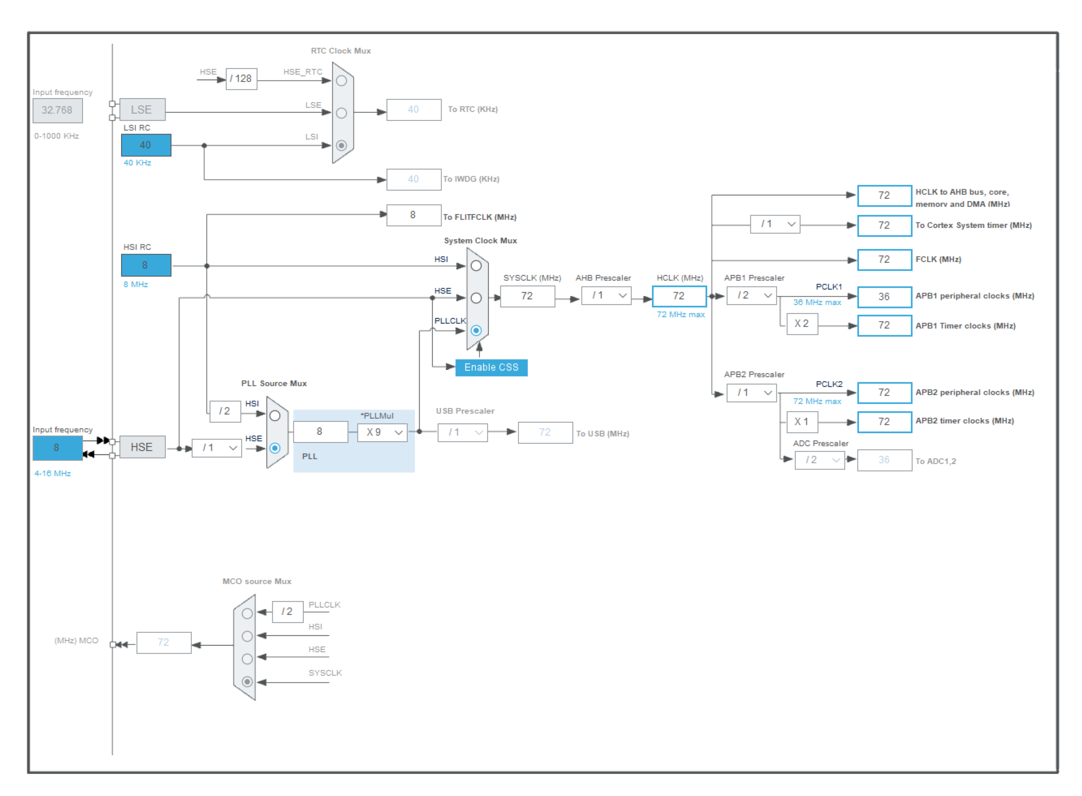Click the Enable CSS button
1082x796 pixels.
[491, 367]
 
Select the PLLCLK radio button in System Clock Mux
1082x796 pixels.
[476, 331]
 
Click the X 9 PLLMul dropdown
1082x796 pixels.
[382, 432]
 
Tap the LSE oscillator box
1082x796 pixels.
[142, 109]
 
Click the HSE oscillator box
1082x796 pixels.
[142, 447]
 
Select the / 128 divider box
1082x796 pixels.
[242, 78]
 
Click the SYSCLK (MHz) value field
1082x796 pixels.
[527, 296]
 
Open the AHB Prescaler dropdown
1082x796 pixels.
[606, 295]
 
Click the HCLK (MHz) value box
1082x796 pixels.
[679, 296]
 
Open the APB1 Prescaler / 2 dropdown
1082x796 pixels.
[751, 295]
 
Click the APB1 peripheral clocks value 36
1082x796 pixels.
[884, 296]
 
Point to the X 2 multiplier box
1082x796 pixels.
[802, 324]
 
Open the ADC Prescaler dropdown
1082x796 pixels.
[820, 460]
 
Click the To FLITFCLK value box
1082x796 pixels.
[414, 215]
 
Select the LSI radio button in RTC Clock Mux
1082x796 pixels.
[341, 145]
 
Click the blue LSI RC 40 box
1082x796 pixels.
[146, 145]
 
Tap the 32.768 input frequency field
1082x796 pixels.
[58, 110]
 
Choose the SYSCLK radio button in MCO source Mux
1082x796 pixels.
[247, 681]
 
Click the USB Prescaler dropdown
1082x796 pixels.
[462, 432]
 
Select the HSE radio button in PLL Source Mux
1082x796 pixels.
[275, 448]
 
